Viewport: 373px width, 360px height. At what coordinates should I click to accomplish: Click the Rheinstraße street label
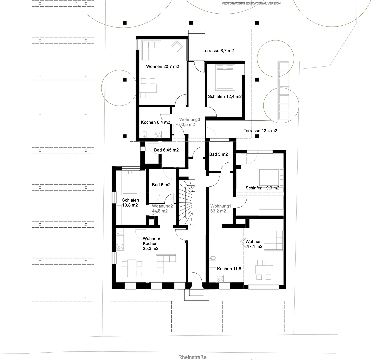coord(192,357)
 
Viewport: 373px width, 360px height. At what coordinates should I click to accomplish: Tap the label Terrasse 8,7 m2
coord(218,51)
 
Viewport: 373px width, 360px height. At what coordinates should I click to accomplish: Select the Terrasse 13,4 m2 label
coord(260,131)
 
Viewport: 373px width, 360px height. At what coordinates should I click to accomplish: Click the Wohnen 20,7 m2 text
coord(162,67)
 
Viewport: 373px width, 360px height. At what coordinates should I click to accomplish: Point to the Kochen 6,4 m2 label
coord(155,122)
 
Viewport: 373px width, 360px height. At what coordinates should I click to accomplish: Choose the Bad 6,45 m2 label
coord(166,150)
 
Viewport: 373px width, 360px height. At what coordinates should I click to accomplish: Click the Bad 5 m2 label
coord(218,154)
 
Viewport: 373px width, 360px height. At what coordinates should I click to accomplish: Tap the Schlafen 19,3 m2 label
coord(262,188)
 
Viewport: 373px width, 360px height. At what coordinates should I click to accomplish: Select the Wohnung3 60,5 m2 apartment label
coord(189,122)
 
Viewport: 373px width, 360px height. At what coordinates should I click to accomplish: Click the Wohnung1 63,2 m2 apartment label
coord(218,208)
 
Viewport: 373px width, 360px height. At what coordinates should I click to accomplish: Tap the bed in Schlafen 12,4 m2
coord(225,77)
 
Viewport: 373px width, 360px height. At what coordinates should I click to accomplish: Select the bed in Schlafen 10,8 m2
coord(130,183)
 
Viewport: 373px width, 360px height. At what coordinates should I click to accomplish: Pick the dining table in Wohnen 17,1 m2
coord(264,269)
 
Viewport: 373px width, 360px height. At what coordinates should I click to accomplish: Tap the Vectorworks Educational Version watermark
coord(251,3)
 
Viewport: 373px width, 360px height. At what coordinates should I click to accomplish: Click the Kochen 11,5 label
coord(229,269)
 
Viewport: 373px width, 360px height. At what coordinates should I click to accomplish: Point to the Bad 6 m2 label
coord(161,185)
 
